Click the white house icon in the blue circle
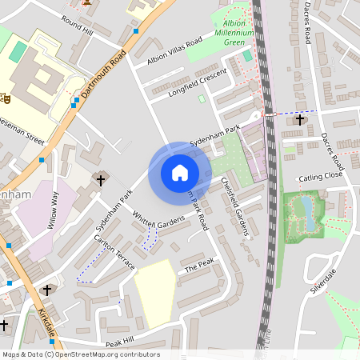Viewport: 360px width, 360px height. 179,173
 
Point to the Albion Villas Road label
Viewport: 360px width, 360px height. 174,53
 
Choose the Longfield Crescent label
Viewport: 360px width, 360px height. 198,82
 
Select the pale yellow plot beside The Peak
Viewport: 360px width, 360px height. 155,293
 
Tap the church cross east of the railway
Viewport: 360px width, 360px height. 300,120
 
